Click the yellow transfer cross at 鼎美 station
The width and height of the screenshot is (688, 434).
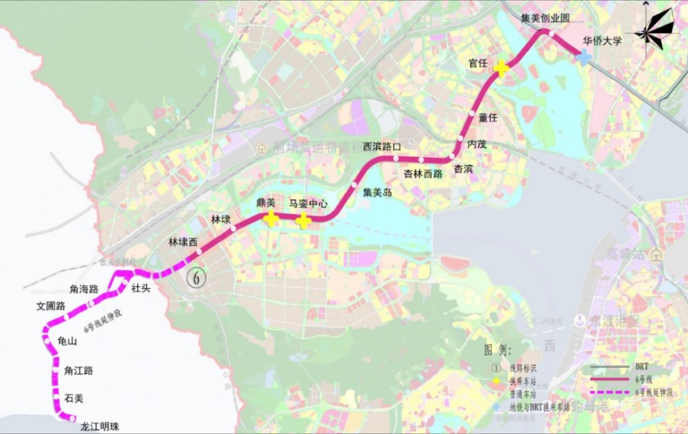click(x=271, y=219)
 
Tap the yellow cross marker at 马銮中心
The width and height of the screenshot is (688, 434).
click(x=303, y=220)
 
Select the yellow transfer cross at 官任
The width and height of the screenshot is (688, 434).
click(x=501, y=68)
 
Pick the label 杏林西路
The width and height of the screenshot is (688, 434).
click(x=422, y=173)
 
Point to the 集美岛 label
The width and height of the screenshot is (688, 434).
click(x=377, y=193)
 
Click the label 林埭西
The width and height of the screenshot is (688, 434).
click(x=183, y=242)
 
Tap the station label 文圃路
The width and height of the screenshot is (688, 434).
click(x=51, y=305)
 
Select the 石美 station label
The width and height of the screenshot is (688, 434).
click(x=74, y=398)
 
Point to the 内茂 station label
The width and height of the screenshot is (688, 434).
click(x=477, y=144)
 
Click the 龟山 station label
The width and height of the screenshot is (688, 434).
click(x=68, y=340)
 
